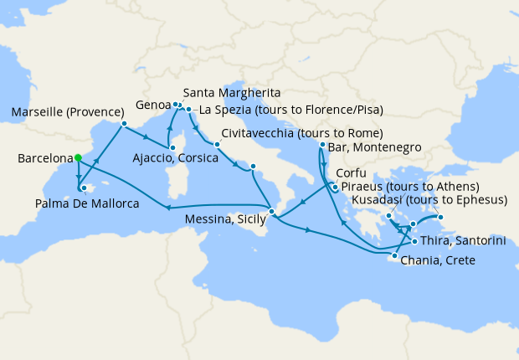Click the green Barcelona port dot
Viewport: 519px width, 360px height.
(x=77, y=157)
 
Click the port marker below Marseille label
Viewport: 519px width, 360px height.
(x=124, y=125)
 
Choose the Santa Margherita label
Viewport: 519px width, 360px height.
(x=230, y=92)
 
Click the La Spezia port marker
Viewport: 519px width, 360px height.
(x=189, y=110)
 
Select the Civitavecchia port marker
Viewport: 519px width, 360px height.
(x=216, y=144)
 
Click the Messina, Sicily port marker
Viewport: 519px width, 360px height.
(x=271, y=211)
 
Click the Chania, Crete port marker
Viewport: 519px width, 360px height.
(x=394, y=255)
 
